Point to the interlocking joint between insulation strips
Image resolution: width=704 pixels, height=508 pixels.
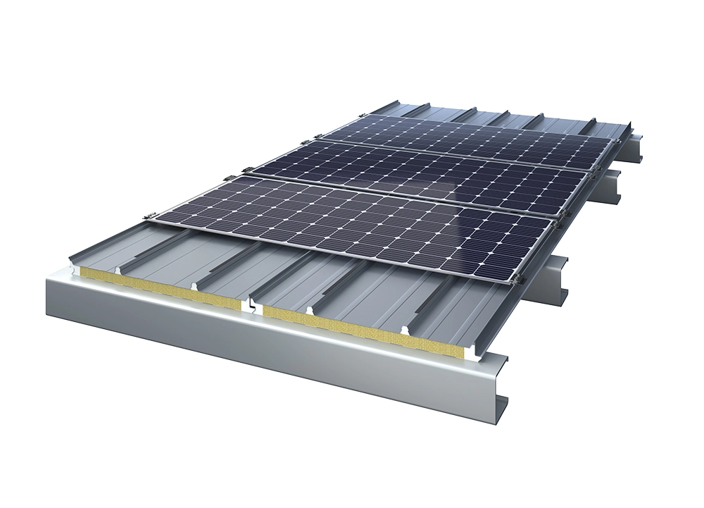(x=250, y=304)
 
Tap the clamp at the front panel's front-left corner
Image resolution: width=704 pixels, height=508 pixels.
(x=147, y=215)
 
